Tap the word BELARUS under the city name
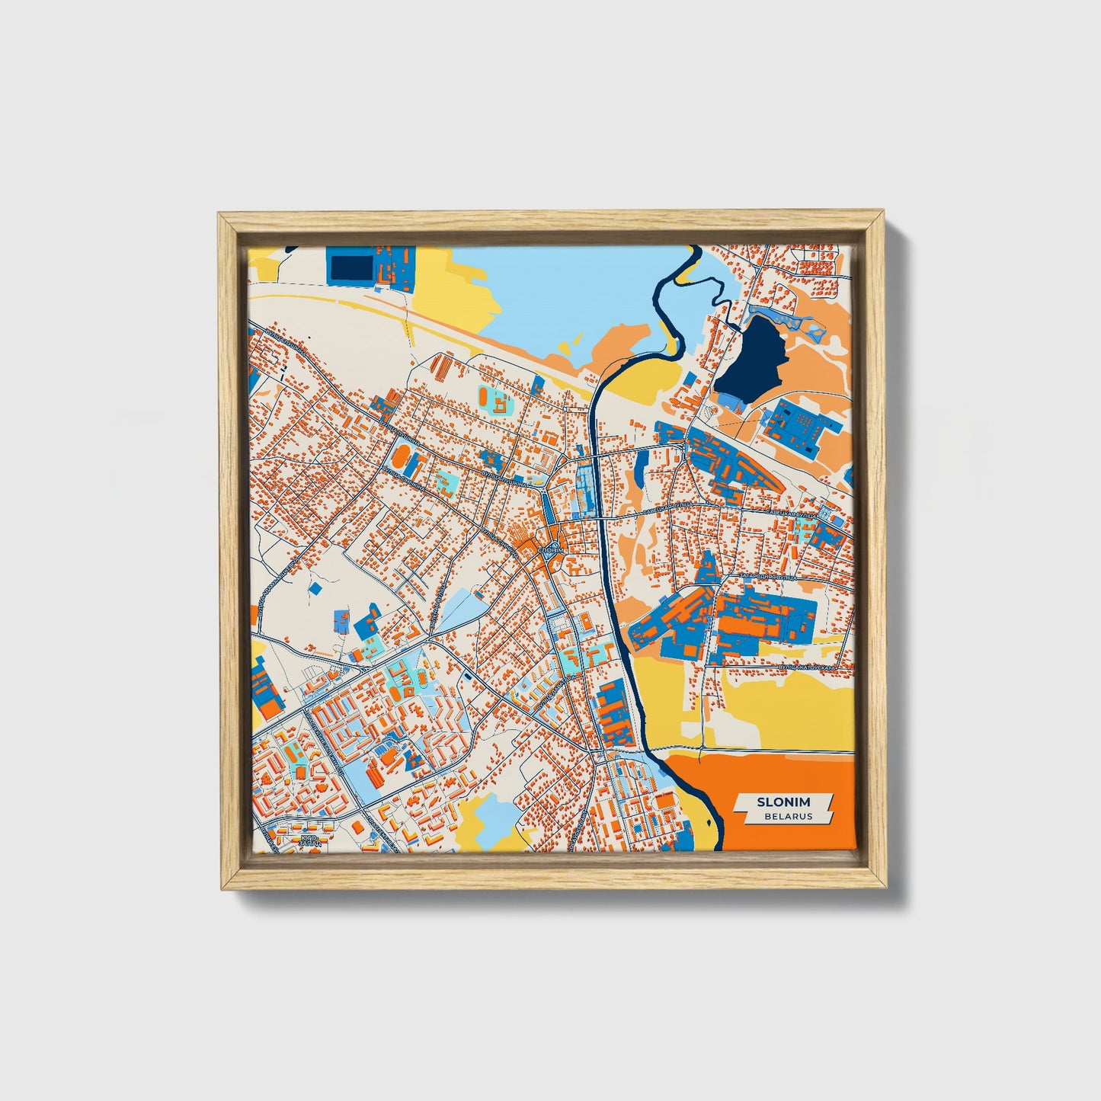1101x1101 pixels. pyautogui.click(x=789, y=816)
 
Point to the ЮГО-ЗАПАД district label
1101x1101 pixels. pyautogui.click(x=309, y=839)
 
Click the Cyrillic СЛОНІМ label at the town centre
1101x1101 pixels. pyautogui.click(x=550, y=549)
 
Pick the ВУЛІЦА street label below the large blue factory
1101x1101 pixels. pyautogui.click(x=807, y=667)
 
